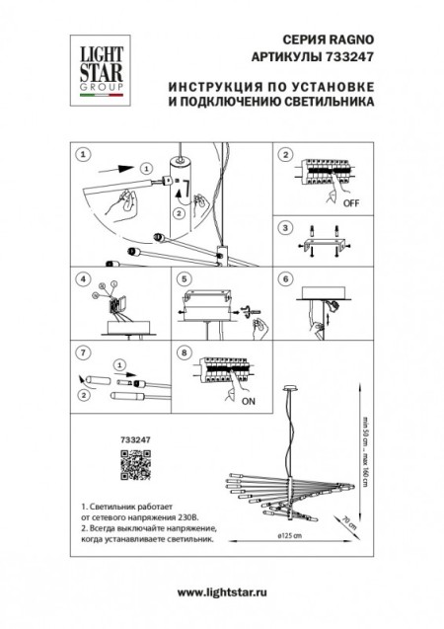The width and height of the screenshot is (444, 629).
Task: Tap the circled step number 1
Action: pyautogui.click(x=82, y=155)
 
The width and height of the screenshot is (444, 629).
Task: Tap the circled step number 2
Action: pyautogui.click(x=285, y=155)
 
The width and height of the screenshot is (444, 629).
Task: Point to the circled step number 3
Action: pyautogui.click(x=285, y=227)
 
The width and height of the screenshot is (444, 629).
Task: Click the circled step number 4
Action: pyautogui.click(x=82, y=280)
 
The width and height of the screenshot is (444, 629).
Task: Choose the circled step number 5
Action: pyautogui.click(x=184, y=280)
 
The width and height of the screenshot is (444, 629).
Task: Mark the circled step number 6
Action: pyautogui.click(x=285, y=280)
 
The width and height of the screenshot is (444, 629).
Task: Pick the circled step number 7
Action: pyautogui.click(x=82, y=351)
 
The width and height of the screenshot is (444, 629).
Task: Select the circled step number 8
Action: pyautogui.click(x=184, y=351)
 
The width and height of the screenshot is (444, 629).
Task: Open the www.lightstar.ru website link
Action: pyautogui.click(x=221, y=590)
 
